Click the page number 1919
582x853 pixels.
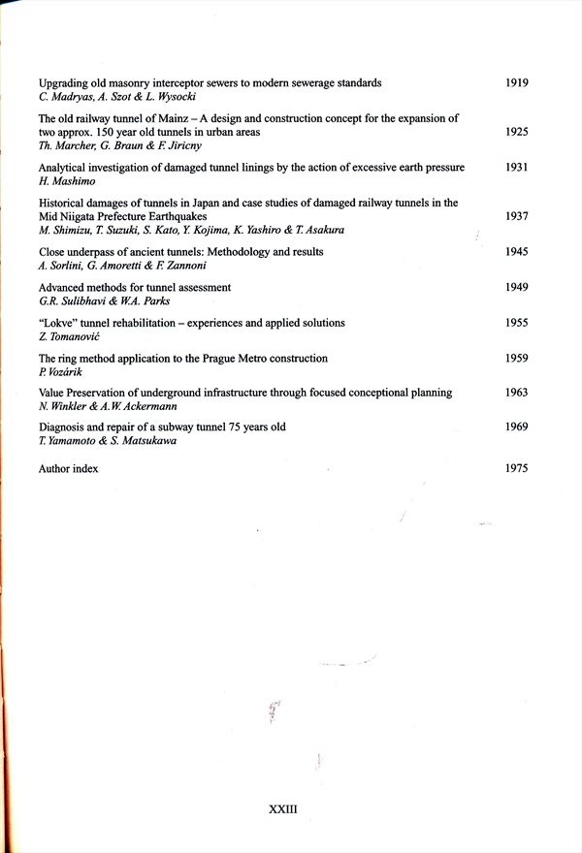tap(517, 83)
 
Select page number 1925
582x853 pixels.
tap(517, 132)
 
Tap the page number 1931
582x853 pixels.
tap(517, 168)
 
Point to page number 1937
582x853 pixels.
tap(517, 216)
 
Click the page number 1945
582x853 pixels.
tap(517, 252)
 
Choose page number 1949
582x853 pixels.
tap(517, 288)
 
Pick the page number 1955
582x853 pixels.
tap(517, 323)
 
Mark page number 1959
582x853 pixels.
tap(517, 359)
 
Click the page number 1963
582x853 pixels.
tap(517, 393)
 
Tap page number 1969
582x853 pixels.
tap(517, 426)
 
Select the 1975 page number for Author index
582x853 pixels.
tap(517, 469)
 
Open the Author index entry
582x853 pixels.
tap(68, 469)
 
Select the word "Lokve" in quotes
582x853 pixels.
tap(59, 323)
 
